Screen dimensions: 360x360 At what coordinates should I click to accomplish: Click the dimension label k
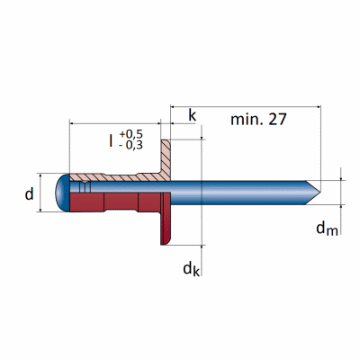coord(193,115)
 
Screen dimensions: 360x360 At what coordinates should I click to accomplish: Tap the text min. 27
coord(258,119)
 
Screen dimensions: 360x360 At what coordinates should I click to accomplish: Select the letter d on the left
coord(29,194)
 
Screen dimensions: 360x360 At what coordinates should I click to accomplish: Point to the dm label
coord(327,229)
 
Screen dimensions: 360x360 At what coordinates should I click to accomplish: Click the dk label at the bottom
coord(191,268)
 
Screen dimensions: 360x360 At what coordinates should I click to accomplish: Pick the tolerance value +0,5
coord(131,134)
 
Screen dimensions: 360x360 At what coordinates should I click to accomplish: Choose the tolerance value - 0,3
coord(130,145)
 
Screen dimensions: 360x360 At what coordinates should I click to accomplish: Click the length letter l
coord(111,140)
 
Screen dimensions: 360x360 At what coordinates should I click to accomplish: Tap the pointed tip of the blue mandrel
coord(319,193)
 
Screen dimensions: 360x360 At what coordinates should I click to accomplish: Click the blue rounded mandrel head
coord(63,193)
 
